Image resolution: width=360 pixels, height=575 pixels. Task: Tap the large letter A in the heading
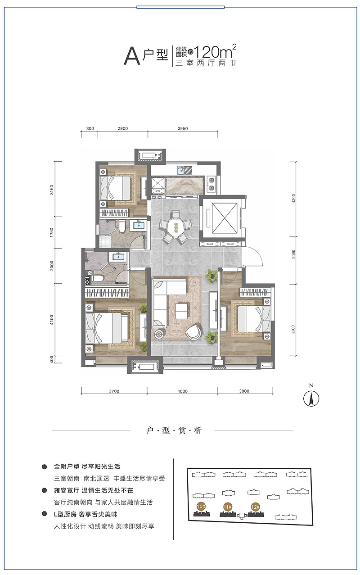tap(132, 56)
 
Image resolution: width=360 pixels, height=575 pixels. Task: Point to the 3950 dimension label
tap(183, 128)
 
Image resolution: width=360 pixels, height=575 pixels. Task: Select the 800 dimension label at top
tap(90, 128)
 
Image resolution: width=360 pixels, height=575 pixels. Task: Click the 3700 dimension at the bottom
tap(114, 391)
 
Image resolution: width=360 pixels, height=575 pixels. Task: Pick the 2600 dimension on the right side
tap(294, 254)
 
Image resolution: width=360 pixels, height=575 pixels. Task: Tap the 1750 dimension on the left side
tap(52, 232)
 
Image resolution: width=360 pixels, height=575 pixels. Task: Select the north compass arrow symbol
tap(311, 399)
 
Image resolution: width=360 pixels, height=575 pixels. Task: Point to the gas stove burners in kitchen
tap(211, 184)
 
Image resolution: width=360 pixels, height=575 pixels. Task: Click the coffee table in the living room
tap(182, 311)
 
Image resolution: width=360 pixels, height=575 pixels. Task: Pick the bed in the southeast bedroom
tap(254, 319)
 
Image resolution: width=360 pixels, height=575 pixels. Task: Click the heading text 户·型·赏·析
tap(174, 430)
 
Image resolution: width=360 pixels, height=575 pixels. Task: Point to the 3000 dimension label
tap(244, 391)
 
